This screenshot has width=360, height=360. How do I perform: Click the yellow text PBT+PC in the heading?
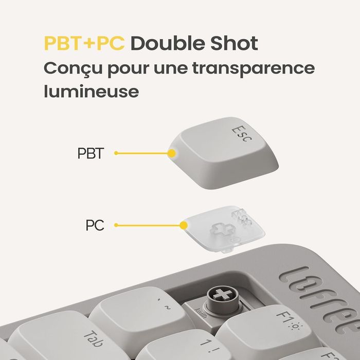pyautogui.click(x=84, y=44)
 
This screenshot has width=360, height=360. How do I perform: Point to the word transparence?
pyautogui.click(x=254, y=69)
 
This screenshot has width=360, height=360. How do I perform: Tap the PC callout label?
pyautogui.click(x=95, y=225)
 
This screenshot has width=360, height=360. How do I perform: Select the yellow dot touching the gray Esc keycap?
pyautogui.click(x=171, y=153)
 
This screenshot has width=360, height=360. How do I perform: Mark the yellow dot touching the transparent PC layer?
pyautogui.click(x=183, y=225)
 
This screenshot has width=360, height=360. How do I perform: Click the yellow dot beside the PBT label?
pyautogui.click(x=116, y=153)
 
